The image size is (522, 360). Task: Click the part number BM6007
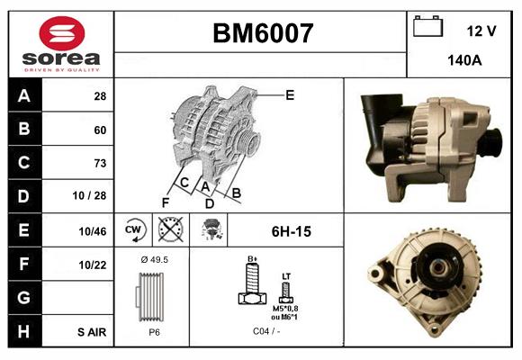point(262,33)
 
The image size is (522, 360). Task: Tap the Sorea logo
point(61,43)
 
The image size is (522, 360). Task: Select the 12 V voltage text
point(481,31)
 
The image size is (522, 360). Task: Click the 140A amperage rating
point(465,61)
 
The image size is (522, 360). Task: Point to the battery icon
point(428,27)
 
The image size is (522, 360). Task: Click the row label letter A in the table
point(24,95)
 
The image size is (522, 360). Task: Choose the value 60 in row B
point(100,130)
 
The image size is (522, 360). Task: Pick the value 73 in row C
point(100,163)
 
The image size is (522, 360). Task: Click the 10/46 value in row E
point(92,231)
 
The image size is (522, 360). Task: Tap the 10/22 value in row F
point(92,264)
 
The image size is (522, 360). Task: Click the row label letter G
point(24,297)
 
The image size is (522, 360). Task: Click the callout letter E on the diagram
point(289,94)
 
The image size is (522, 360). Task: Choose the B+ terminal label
point(252,260)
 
